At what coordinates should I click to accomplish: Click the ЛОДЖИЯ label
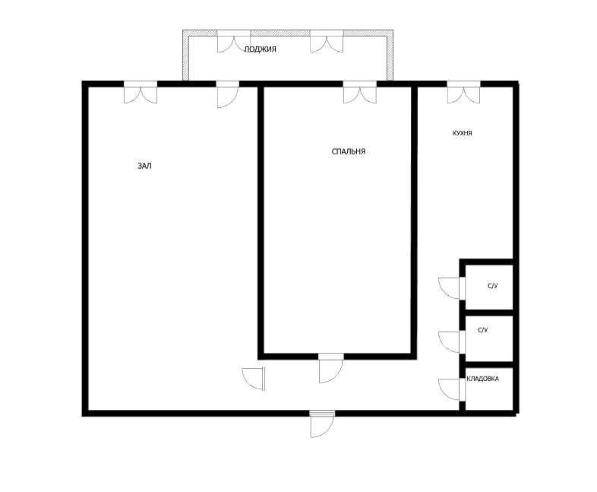[x=260, y=49]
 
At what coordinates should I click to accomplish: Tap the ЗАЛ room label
[x=144, y=166]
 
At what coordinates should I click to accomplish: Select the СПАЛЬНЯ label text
[x=349, y=151]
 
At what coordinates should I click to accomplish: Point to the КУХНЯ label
[x=463, y=133]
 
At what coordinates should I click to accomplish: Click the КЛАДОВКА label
[x=482, y=379]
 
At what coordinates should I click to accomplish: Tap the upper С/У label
[x=493, y=286]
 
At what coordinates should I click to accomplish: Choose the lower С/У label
[x=483, y=330]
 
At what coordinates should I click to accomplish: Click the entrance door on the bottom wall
[x=322, y=424]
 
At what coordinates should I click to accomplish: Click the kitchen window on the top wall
[x=463, y=92]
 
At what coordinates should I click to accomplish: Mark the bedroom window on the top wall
[x=360, y=92]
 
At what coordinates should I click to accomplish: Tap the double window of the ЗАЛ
[x=141, y=92]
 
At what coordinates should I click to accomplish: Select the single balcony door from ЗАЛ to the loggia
[x=228, y=94]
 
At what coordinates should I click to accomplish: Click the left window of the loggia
[x=234, y=41]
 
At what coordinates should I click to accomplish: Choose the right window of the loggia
[x=327, y=41]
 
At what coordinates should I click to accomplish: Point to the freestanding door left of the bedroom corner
[x=254, y=379]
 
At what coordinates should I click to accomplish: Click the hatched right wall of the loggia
[x=390, y=56]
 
